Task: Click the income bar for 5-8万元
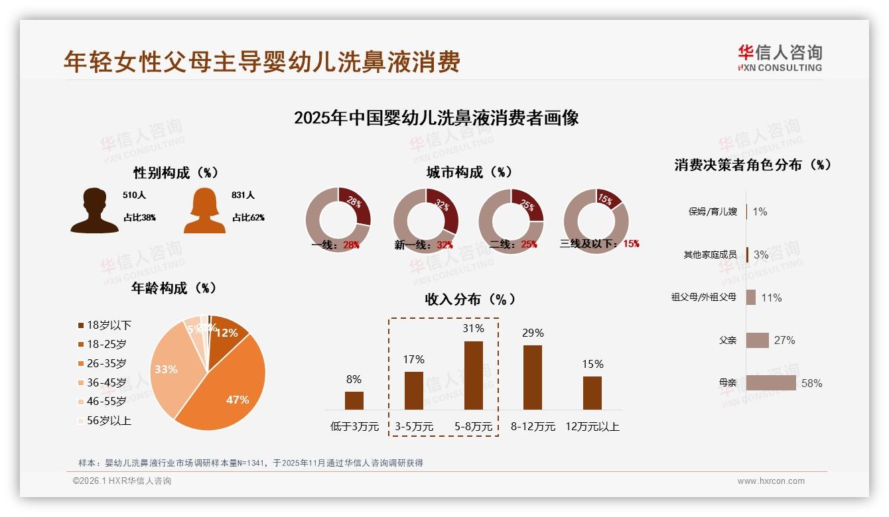[473, 375]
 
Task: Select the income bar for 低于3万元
[354, 400]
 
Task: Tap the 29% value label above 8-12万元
[533, 333]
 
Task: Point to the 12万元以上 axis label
[592, 427]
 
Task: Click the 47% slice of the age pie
[226, 391]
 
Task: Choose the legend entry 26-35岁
[106, 363]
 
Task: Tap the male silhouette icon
[94, 211]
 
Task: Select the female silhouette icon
[204, 211]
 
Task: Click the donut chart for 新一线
[426, 221]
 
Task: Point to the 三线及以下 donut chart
[596, 221]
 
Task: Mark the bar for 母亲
[771, 383]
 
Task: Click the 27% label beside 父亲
[784, 340]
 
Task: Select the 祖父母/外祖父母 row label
[703, 298]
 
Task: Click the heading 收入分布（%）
[470, 299]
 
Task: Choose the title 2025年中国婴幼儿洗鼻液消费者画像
[436, 118]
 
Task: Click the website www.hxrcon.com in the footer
[771, 481]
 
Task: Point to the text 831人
[243, 196]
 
